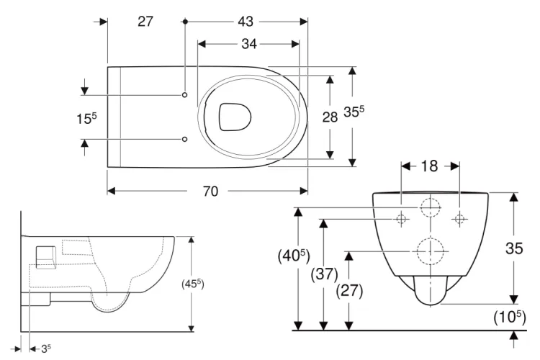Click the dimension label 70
point(210,192)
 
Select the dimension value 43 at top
point(246,22)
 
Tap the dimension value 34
point(248,44)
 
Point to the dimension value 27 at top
point(145,22)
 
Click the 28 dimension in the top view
point(330,117)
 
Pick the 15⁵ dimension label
point(86,117)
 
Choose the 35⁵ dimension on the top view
point(354,112)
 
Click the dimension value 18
point(429,166)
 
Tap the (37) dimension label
point(324,274)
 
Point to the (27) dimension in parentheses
point(349,292)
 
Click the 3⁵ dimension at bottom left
point(45,349)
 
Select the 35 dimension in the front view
point(513,248)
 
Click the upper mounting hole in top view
point(185,95)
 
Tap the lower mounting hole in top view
point(185,138)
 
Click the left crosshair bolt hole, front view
point(402,218)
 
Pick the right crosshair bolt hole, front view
point(459,218)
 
